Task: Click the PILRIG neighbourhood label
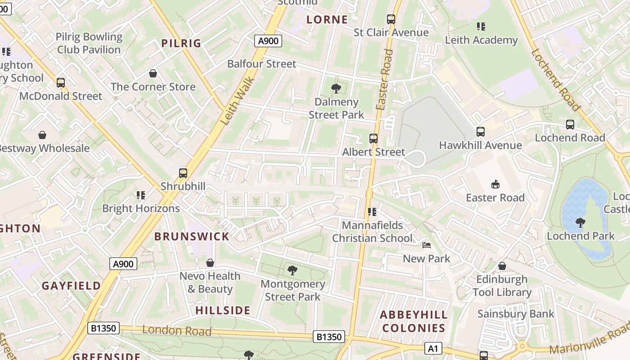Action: [x=181, y=43]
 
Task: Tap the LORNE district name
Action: [x=327, y=20]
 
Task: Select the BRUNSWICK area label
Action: [x=192, y=236]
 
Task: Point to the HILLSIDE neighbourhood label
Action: [x=223, y=310]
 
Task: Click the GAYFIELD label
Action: [x=72, y=286]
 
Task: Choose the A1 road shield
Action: [x=433, y=348]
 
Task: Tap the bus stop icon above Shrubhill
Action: [x=183, y=173]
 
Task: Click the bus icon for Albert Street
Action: [x=373, y=139]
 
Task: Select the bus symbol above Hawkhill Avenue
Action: [x=481, y=132]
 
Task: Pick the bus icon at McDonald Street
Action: [x=61, y=83]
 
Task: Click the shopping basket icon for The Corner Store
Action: [x=153, y=73]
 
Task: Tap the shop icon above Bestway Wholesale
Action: [x=42, y=135]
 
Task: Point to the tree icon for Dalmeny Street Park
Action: [x=336, y=89]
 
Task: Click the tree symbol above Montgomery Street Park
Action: [x=292, y=270]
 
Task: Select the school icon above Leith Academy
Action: [x=481, y=27]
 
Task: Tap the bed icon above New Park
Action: [x=427, y=245]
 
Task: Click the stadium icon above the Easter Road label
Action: [x=495, y=184]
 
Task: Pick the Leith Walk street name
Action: [x=238, y=102]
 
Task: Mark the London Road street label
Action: [x=177, y=331]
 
